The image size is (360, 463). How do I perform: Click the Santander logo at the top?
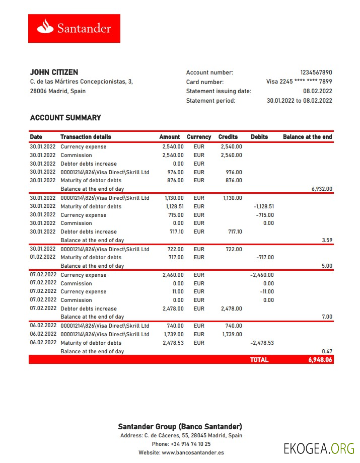(74, 28)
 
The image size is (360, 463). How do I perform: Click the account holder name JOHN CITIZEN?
(54, 72)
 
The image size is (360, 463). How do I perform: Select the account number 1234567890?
(316, 72)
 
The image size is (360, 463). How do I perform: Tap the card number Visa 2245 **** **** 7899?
(299, 82)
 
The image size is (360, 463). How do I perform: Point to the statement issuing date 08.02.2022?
(317, 91)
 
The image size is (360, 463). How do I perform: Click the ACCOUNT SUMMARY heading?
(65, 118)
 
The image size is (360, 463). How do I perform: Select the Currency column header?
(199, 137)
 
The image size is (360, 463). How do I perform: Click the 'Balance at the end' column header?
(307, 137)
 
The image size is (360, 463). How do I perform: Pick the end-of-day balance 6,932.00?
(322, 189)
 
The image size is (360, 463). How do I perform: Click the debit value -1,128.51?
(263, 206)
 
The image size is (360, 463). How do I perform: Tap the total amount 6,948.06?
(320, 360)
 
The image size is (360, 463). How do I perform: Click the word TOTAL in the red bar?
(259, 360)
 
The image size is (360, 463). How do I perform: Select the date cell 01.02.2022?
(43, 257)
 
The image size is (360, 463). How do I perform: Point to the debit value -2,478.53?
(262, 343)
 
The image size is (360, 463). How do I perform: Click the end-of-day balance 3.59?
(327, 241)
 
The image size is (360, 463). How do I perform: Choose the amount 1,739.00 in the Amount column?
(174, 334)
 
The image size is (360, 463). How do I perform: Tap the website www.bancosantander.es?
(193, 453)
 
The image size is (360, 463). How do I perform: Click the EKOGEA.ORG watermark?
(319, 448)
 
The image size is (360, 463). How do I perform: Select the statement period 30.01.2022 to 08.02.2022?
(299, 101)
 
